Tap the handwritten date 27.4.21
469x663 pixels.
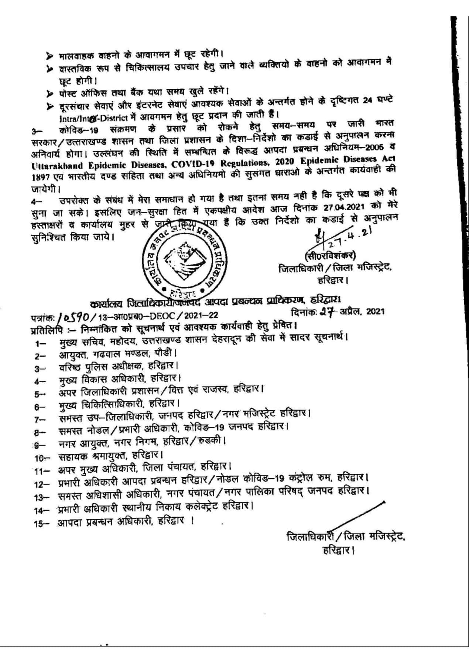[347, 239]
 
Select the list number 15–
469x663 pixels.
[42, 524]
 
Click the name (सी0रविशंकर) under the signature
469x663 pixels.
[330, 256]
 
